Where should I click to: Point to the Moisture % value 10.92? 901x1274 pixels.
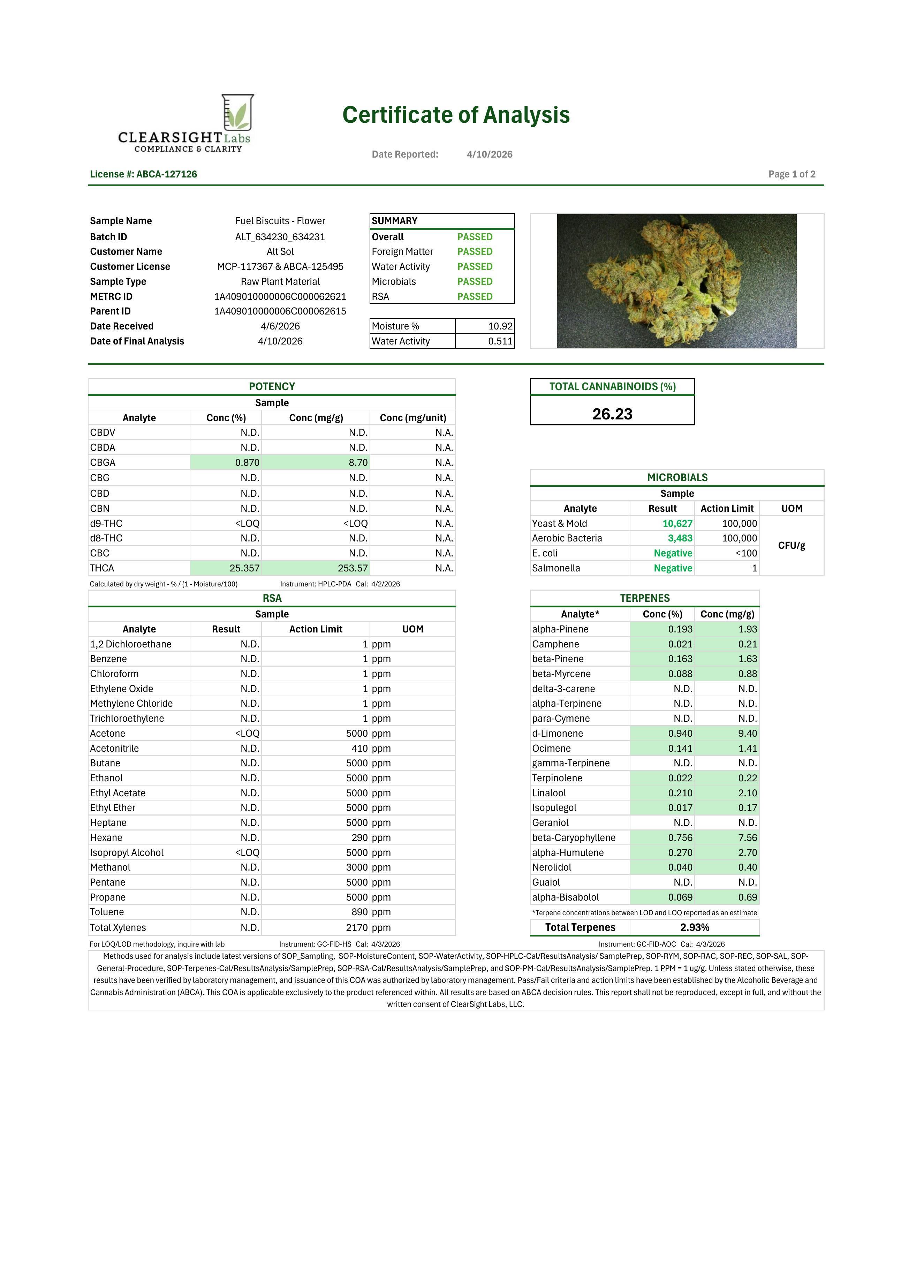pos(500,326)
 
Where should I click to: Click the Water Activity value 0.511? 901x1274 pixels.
pos(500,341)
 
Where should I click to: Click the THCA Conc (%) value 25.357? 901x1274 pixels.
pos(244,568)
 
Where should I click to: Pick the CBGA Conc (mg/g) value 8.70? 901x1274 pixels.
pos(358,463)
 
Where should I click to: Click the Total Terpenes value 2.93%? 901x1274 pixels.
pos(694,928)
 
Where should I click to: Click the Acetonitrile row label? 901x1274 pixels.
pos(114,749)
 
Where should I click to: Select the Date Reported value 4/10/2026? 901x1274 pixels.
pos(489,154)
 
